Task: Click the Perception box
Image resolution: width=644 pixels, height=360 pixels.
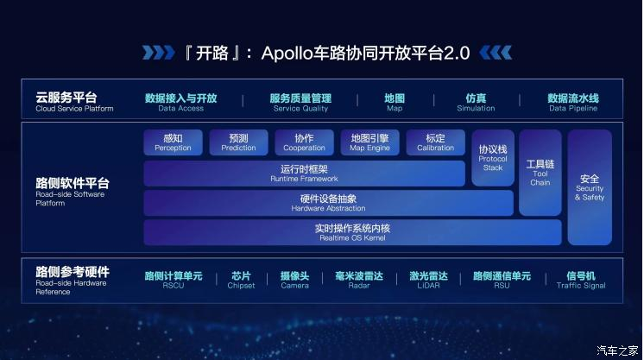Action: [x=173, y=142]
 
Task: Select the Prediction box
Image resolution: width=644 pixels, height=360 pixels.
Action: [x=238, y=142]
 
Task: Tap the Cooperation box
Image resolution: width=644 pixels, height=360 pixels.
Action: [x=305, y=142]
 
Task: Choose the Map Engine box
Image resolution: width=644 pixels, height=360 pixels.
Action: [x=369, y=142]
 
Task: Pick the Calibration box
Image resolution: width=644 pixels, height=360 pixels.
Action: [x=436, y=142]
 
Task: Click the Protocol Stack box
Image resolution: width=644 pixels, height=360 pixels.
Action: [x=493, y=158]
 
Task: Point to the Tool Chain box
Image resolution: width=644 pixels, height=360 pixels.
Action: [x=540, y=173]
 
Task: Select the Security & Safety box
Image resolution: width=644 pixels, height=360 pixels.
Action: [x=590, y=187]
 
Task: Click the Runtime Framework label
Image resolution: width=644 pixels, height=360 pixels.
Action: [x=305, y=174]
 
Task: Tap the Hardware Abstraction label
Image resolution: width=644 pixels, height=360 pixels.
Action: [x=328, y=203]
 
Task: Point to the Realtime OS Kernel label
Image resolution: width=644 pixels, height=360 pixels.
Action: [x=352, y=232]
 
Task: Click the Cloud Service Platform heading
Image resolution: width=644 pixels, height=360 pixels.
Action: [x=74, y=102]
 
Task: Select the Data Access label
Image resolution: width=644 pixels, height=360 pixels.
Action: [x=180, y=103]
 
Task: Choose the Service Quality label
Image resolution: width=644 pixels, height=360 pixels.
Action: [x=300, y=103]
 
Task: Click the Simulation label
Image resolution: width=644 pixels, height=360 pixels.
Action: [x=476, y=103]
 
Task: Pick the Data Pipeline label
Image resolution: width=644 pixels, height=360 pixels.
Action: [x=573, y=103]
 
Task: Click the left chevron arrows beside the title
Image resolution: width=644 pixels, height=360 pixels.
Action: [x=159, y=53]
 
